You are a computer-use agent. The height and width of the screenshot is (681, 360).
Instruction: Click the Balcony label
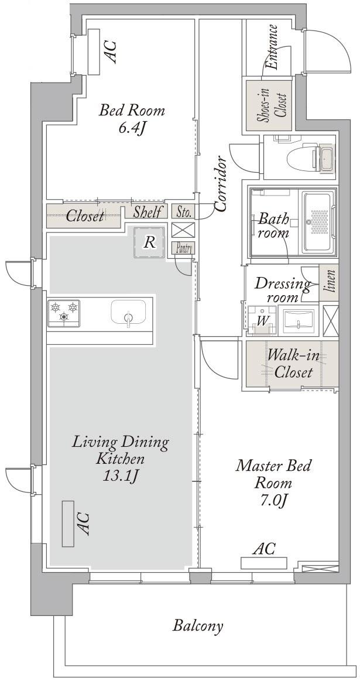tap(198, 626)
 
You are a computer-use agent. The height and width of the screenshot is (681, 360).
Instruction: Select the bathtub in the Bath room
tap(320, 221)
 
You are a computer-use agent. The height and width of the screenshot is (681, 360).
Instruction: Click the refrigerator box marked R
tap(149, 242)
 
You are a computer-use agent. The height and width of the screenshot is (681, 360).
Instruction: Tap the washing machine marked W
tap(262, 320)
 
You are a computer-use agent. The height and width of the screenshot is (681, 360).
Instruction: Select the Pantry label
tap(183, 248)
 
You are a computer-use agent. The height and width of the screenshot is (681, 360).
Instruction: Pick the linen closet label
tap(330, 282)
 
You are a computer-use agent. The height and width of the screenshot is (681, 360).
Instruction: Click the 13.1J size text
tap(119, 477)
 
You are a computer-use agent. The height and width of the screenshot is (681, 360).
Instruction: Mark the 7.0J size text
tap(273, 501)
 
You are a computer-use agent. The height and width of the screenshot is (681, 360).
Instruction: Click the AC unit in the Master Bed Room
tap(264, 563)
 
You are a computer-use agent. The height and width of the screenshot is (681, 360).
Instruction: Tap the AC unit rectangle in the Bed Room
tap(94, 52)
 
